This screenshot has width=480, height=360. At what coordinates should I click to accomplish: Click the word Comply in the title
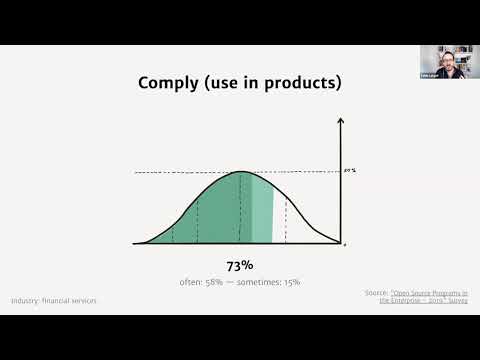point(170,83)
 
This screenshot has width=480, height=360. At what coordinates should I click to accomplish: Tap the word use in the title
point(235,83)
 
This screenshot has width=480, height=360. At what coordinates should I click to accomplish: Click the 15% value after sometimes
point(292,282)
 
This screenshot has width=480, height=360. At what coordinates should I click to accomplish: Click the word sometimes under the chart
point(261,282)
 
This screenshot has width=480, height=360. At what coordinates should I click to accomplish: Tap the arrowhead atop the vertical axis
point(341,121)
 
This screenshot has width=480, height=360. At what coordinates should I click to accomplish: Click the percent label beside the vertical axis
point(350,170)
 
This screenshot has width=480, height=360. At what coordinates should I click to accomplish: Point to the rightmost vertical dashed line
point(287,220)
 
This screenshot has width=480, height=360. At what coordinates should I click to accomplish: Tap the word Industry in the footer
point(26,300)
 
